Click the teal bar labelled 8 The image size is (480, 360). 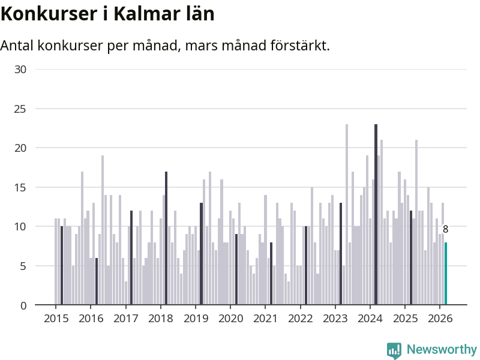(x=446, y=274)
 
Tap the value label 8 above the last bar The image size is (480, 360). (x=445, y=229)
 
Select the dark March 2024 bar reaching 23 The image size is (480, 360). (x=376, y=215)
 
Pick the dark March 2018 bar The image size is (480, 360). (x=166, y=238)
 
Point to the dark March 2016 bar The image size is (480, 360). (x=97, y=281)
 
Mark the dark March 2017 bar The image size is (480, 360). (x=131, y=258)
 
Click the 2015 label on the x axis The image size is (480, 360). (x=56, y=318)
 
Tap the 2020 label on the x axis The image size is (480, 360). (x=230, y=318)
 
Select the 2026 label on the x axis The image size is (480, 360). (x=440, y=318)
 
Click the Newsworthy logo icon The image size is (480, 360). (x=394, y=350)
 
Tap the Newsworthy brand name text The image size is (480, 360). (x=442, y=349)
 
